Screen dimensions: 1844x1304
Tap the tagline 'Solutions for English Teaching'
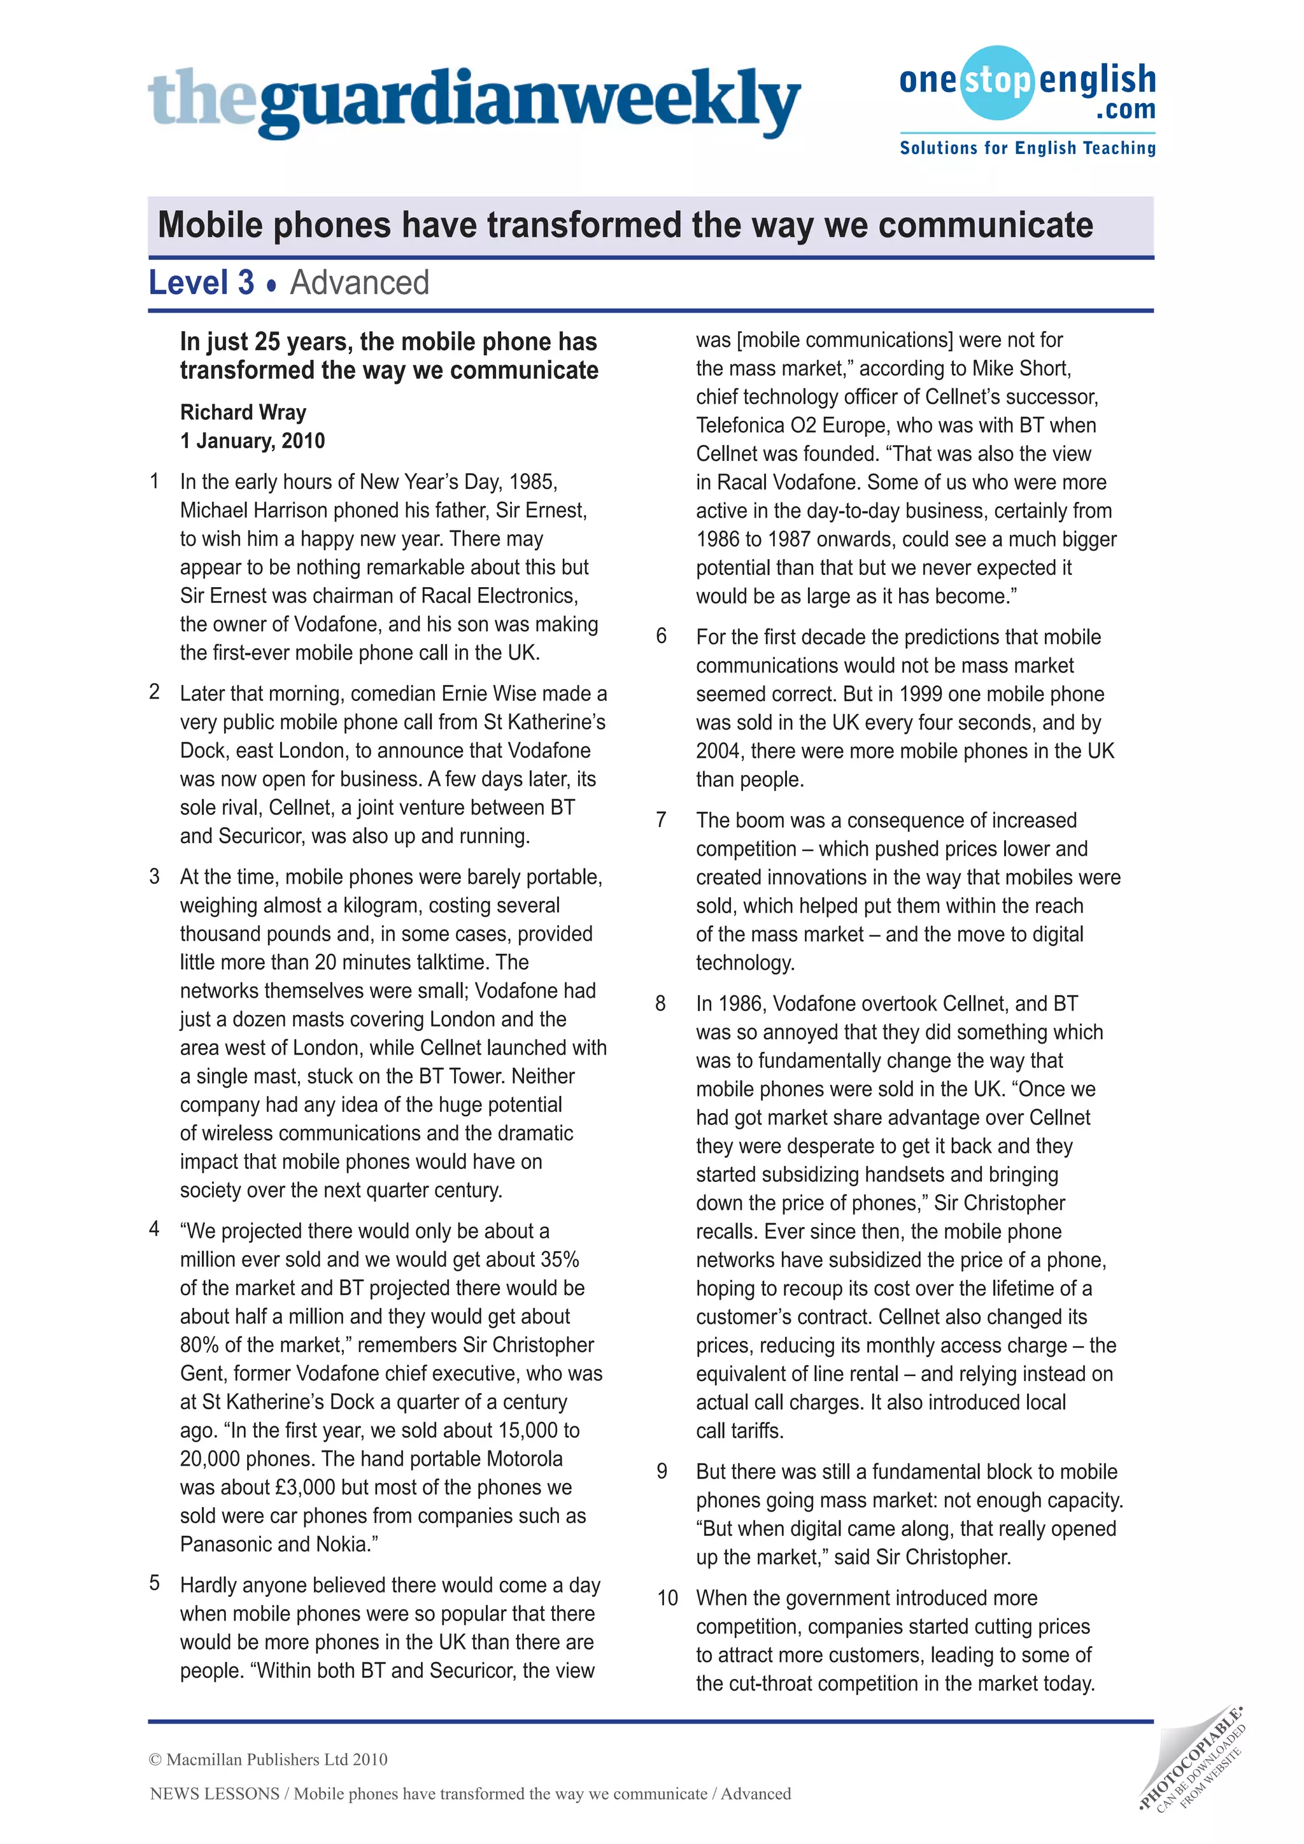[1027, 148]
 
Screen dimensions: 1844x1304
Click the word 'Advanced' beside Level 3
[359, 283]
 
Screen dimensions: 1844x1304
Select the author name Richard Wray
[243, 412]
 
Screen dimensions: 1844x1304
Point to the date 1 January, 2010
[252, 441]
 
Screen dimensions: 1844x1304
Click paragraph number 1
[154, 481]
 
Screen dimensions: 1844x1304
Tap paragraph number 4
[154, 1229]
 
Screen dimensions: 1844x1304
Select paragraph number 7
[661, 819]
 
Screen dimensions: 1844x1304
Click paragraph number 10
[667, 1598]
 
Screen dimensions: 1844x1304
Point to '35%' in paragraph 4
[560, 1259]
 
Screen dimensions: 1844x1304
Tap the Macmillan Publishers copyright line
[268, 1759]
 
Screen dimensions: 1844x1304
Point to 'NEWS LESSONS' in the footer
[215, 1794]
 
